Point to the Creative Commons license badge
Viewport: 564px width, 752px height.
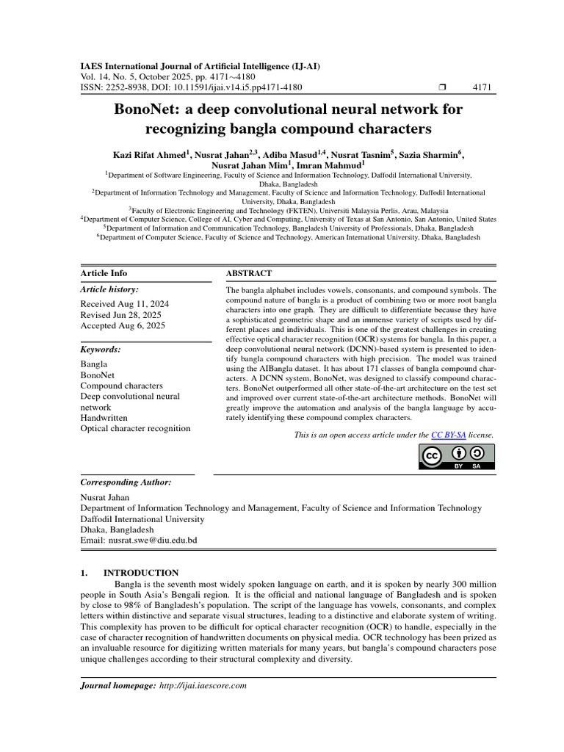(458, 457)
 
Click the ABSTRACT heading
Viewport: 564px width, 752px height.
(249, 273)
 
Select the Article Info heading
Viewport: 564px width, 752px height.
(104, 273)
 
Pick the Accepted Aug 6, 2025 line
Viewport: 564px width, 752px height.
(122, 325)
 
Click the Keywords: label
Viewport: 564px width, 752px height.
(101, 350)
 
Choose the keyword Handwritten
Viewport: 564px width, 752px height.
(104, 417)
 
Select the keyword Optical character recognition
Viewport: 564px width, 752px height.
(135, 428)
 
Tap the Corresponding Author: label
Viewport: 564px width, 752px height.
(125, 482)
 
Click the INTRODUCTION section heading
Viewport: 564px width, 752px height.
(140, 572)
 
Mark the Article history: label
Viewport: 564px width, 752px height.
(109, 290)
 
